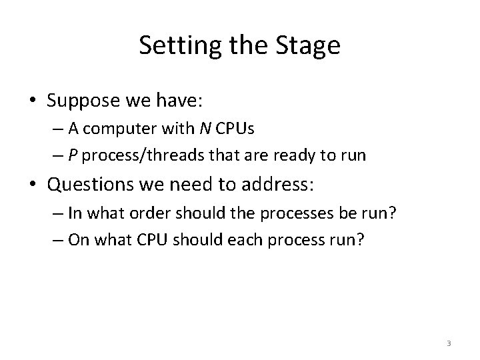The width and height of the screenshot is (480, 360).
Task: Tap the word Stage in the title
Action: point(309,46)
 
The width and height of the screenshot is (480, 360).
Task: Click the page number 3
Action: point(449,343)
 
